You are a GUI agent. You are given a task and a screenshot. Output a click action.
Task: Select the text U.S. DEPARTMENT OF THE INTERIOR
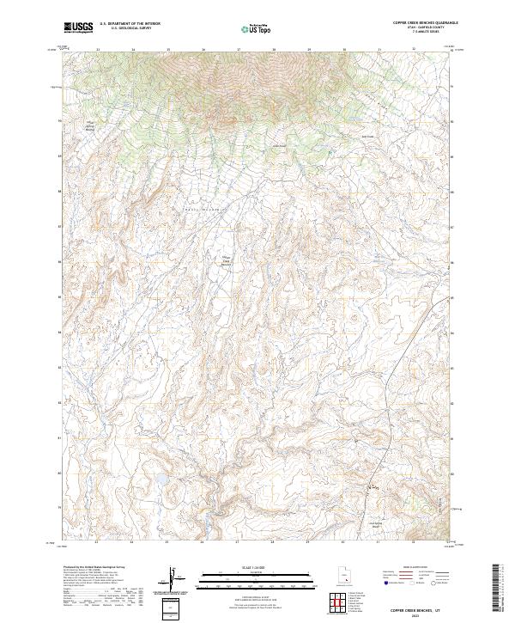click(x=130, y=23)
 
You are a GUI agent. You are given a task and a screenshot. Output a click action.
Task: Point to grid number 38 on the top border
click(x=273, y=50)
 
